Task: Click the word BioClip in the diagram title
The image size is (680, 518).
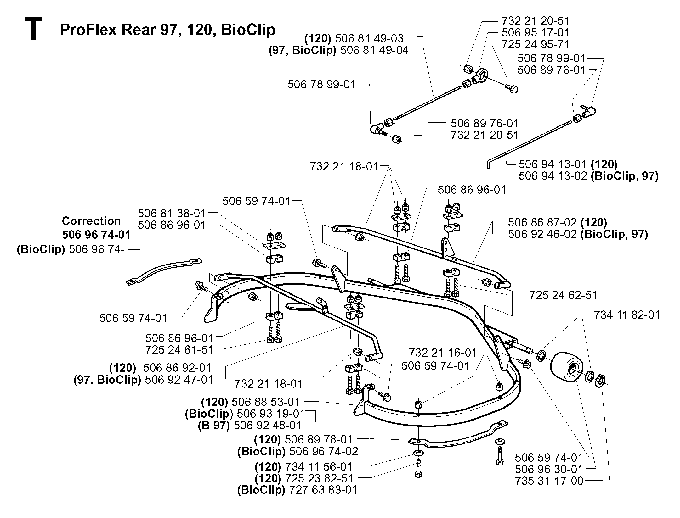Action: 248,30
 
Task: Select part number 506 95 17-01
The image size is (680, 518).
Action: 535,32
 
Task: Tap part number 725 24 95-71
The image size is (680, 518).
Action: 535,44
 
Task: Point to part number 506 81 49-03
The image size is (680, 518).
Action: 369,38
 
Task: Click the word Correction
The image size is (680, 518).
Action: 91,221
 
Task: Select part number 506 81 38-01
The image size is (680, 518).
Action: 172,213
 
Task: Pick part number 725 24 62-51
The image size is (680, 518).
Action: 563,295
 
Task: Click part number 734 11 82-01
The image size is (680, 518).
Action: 626,315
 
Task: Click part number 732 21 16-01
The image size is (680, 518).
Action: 443,353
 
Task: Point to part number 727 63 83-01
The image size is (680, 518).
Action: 323,490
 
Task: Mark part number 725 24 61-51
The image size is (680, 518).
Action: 179,350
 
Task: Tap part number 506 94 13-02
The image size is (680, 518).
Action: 553,176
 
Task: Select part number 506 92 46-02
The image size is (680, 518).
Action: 542,234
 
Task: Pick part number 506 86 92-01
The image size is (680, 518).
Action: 177,367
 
